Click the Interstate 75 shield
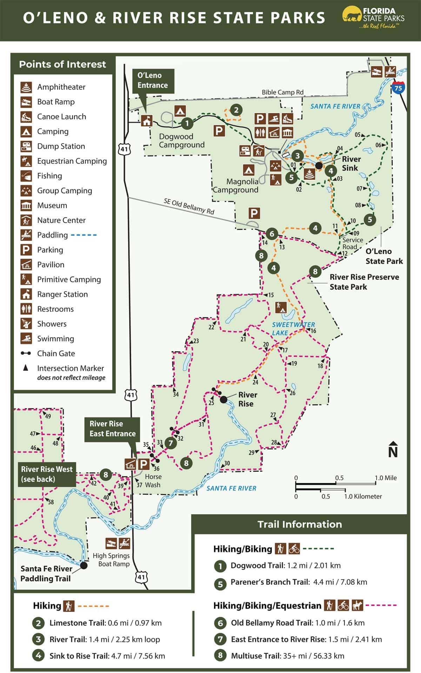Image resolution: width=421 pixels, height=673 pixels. pos(398,88)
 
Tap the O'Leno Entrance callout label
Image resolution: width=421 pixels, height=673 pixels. pos(152,80)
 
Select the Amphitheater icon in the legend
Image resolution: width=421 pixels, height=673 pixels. pos(26,87)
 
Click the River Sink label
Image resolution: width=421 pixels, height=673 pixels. pos(351,164)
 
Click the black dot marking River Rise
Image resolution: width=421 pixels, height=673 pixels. pos(223,399)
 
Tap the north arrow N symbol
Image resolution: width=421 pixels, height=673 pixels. pos(393,450)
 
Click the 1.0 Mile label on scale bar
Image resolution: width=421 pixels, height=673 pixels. pos(386,478)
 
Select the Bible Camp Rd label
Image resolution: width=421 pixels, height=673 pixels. pos(282,92)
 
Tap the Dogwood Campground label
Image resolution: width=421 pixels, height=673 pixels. pos(181,141)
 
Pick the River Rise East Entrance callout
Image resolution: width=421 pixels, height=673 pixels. pos(112,429)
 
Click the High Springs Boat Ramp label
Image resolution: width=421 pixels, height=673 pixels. pos(111,560)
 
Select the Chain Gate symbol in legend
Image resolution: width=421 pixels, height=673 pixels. pos(26,354)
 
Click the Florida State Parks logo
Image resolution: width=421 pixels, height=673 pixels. pos(373,18)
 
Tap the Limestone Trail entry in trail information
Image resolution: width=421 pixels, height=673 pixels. pos(105,623)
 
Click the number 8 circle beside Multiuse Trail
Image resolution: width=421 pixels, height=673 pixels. pos(220,656)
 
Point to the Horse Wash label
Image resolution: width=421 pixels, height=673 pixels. pos(153,481)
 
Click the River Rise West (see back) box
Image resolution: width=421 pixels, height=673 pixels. pos(47,474)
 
